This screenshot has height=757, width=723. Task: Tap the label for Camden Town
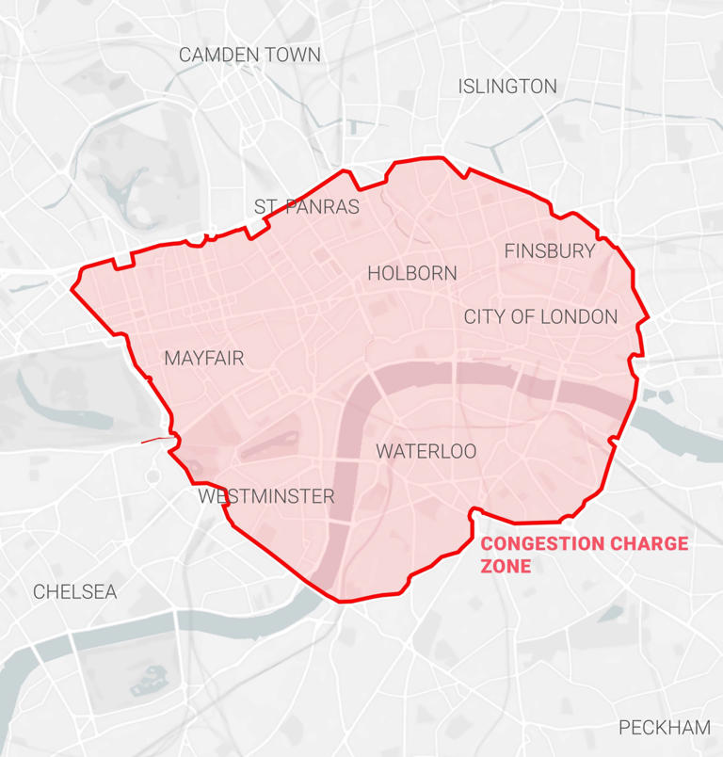(x=249, y=55)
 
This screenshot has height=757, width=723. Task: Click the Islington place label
(x=507, y=87)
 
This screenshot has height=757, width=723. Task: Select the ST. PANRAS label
(x=307, y=207)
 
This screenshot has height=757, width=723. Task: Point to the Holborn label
(x=412, y=274)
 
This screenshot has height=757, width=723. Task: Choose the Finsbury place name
(x=550, y=251)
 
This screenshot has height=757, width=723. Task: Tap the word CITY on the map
(x=485, y=317)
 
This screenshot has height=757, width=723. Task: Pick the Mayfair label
(x=203, y=359)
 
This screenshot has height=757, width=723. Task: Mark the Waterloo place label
(x=426, y=452)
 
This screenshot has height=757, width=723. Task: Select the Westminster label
(x=265, y=496)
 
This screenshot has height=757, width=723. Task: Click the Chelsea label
(x=75, y=592)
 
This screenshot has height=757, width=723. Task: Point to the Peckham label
(x=665, y=728)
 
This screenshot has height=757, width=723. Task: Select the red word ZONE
(x=506, y=567)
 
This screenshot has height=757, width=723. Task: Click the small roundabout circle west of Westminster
(x=153, y=476)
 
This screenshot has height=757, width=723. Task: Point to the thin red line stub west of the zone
(x=155, y=439)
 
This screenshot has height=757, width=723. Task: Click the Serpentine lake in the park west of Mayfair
(x=56, y=400)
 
